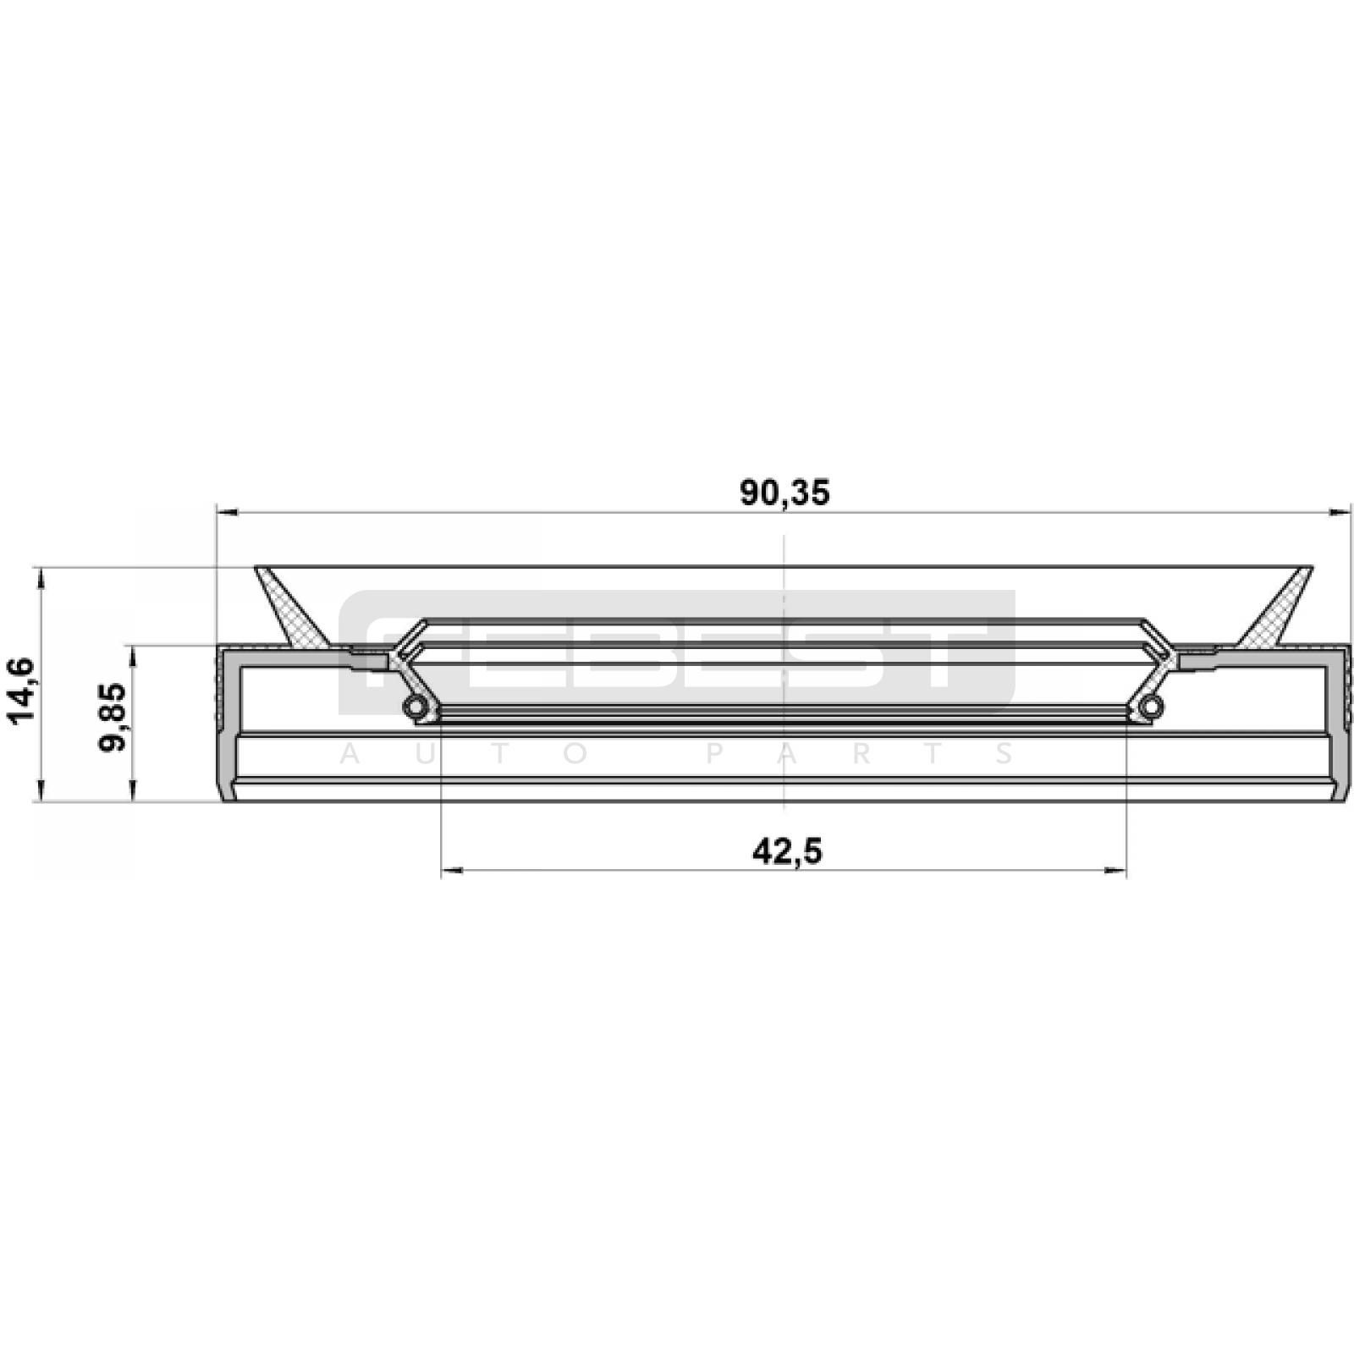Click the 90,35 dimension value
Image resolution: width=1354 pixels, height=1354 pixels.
point(784,493)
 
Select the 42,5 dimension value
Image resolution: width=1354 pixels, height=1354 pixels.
point(787,851)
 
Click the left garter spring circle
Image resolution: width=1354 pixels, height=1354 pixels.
point(413,707)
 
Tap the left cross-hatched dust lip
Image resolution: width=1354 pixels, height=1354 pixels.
point(292,608)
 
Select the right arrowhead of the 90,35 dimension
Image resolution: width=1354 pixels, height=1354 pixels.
point(1340,512)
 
